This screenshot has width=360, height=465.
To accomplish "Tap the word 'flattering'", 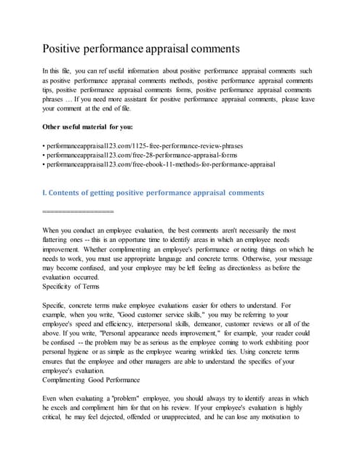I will point(60,239).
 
